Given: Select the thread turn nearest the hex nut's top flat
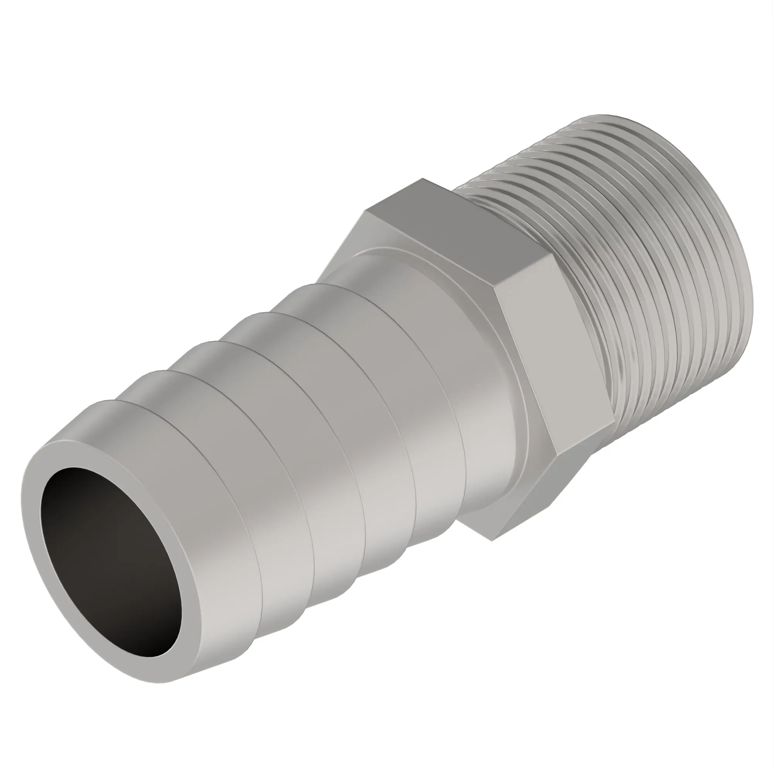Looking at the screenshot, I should (480, 188).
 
